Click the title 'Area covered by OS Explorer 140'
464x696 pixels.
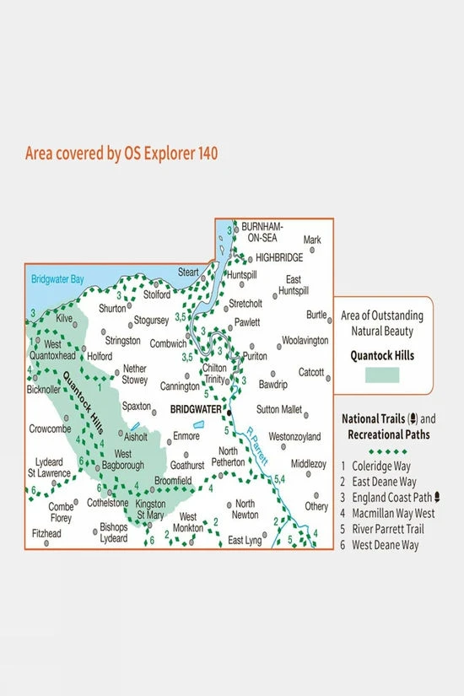point(121,154)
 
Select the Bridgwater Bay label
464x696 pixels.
point(57,278)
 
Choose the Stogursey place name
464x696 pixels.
point(153,321)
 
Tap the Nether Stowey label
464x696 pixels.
point(135,374)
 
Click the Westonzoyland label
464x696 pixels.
point(294,437)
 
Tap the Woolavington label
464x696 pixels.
point(305,340)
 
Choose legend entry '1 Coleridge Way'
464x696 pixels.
point(378,466)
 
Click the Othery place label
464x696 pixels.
point(316,507)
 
